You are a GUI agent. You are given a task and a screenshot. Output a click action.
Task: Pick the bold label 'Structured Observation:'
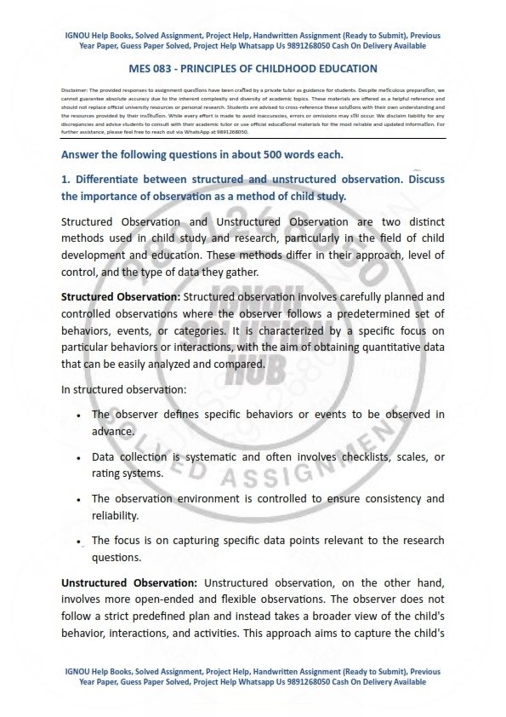[x=121, y=296]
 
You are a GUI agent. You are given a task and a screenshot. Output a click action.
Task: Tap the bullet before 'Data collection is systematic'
[x=78, y=458]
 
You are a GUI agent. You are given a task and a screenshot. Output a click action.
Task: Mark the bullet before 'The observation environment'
[x=78, y=500]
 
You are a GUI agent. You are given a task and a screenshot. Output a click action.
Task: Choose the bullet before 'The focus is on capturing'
[x=78, y=542]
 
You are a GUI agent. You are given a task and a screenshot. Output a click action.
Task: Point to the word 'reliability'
[x=115, y=515]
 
